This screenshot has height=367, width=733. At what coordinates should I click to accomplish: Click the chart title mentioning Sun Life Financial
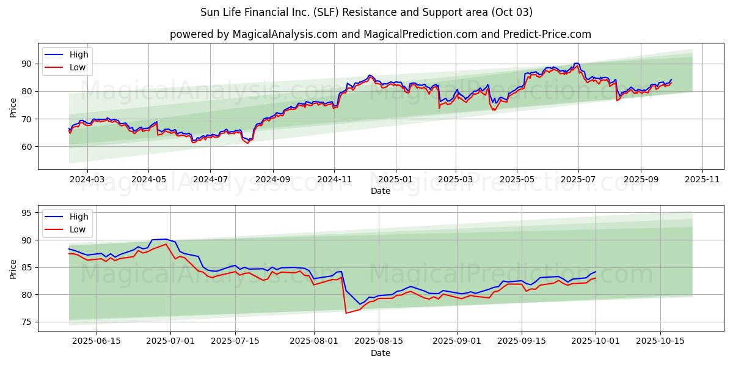[366, 12]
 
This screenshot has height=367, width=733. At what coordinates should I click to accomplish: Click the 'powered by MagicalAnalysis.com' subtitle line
[380, 34]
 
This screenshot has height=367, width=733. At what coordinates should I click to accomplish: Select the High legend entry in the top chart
[78, 54]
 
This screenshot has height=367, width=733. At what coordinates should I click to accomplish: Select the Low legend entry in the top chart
[78, 67]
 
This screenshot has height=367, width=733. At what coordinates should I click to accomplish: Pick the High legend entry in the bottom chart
[78, 217]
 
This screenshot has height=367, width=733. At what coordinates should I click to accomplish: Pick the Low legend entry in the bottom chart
[78, 229]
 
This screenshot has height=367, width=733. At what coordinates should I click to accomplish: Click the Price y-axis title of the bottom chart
[13, 269]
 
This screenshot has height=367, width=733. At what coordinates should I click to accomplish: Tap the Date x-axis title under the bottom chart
[380, 354]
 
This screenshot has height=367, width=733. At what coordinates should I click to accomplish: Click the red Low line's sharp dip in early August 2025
[346, 313]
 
